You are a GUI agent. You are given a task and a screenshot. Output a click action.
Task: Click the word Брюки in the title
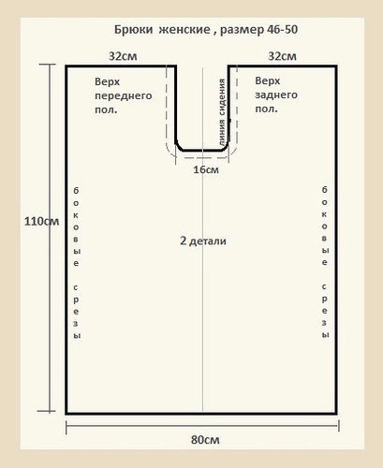point(133,30)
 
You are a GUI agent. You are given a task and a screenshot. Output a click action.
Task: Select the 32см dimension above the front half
point(123,56)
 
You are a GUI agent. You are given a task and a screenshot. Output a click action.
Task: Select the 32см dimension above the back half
point(282,56)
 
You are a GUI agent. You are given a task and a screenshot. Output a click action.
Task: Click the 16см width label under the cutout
point(206,169)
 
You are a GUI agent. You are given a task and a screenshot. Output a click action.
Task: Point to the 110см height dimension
point(41,221)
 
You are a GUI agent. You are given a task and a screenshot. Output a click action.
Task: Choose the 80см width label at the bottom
point(205,440)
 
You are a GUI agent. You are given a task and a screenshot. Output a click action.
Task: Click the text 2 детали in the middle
point(203,241)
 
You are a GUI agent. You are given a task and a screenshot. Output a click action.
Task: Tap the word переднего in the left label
point(124,95)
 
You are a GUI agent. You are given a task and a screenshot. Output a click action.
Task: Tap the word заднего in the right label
point(276,95)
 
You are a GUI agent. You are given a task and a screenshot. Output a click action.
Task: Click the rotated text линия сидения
point(222,112)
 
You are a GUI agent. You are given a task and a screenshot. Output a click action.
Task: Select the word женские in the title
point(184,30)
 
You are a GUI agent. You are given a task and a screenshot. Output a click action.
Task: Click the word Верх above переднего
point(107,81)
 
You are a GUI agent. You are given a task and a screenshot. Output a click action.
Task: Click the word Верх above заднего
point(268,80)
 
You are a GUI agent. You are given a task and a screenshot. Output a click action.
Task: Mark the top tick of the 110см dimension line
point(48,65)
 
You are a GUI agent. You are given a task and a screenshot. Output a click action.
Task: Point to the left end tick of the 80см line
point(66,427)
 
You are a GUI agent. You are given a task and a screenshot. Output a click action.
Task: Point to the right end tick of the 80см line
point(339,426)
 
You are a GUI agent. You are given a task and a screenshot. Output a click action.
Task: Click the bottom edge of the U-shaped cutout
point(202,150)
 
